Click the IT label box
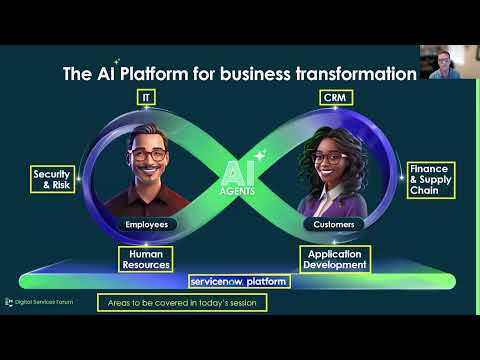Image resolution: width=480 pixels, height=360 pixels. (148, 96)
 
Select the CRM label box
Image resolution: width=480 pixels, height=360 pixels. (332, 96)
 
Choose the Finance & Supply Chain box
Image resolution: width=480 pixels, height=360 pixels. (428, 179)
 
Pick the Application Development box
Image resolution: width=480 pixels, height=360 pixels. (334, 258)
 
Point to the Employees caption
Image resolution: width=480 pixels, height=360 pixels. (147, 225)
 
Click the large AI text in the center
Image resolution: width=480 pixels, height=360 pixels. (239, 168)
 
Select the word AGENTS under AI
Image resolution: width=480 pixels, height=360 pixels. (239, 191)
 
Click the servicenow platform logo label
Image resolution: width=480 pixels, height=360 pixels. (239, 282)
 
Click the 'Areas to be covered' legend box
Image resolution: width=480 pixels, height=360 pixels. (182, 302)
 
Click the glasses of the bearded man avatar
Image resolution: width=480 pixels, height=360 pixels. (147, 156)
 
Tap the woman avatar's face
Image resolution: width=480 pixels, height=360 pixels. (329, 162)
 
